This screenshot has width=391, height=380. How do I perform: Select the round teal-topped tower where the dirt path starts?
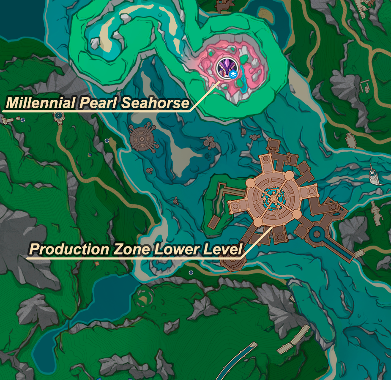59,116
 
